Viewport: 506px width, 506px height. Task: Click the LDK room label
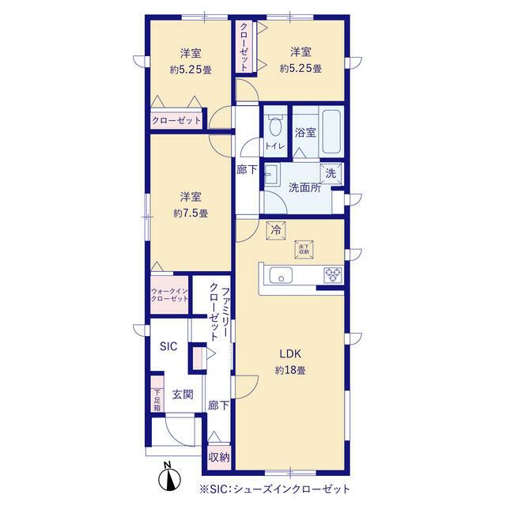point(290,353)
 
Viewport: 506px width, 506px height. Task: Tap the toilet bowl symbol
point(275,126)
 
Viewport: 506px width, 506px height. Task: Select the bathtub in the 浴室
point(331,132)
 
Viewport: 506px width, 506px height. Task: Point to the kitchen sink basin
point(281,275)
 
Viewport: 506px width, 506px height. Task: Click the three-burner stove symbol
point(333,275)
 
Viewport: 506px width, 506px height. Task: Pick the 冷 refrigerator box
point(276,230)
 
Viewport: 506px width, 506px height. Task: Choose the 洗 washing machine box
point(330,174)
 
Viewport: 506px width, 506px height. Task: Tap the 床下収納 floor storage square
point(304,250)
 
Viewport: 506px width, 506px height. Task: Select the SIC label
point(168,346)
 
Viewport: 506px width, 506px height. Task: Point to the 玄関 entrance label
point(183,394)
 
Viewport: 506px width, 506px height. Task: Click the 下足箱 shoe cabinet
point(157,395)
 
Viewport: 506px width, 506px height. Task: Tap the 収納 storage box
point(219,457)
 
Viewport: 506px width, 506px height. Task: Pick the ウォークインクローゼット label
point(169,295)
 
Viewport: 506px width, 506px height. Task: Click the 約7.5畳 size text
point(191,213)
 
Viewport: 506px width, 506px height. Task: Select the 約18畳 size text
point(290,370)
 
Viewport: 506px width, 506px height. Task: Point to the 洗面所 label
point(304,187)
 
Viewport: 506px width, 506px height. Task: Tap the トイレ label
point(275,146)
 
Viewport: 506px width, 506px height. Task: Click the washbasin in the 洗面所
point(272,174)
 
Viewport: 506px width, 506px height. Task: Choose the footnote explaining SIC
point(275,489)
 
